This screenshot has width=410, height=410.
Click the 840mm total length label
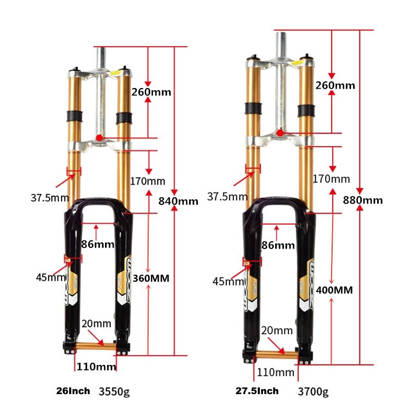(178, 201)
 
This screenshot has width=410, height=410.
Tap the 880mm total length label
(363, 200)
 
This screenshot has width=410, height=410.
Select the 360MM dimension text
(151, 278)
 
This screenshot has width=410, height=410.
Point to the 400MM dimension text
(335, 290)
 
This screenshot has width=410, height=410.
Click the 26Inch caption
(73, 391)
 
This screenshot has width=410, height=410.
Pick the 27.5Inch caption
(257, 391)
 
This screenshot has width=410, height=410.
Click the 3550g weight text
(114, 392)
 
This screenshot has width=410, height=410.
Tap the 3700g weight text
(313, 392)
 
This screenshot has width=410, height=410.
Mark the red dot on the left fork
(99, 138)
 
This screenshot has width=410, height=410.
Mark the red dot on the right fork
(280, 133)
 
